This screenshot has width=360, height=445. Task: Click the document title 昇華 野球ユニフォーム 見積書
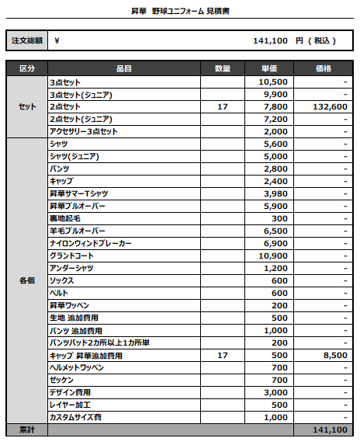coord(180,11)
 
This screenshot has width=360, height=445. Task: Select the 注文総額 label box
coord(26,40)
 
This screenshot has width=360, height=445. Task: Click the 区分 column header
coord(26,69)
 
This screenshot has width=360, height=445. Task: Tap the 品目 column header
coord(124,69)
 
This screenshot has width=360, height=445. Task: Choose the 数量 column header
coord(223,69)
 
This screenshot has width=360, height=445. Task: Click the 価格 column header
coord(324,69)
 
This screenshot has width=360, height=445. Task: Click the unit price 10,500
coord(273,82)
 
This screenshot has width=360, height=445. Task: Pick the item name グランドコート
coord(71,256)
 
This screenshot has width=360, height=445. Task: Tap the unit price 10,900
coord(273,256)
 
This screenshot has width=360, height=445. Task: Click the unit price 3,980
coord(275,193)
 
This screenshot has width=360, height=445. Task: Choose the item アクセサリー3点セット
coord(83,131)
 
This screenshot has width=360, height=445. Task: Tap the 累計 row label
coord(26,429)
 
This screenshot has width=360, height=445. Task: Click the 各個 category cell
coord(26,280)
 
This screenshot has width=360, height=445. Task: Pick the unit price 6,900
coord(275,243)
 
